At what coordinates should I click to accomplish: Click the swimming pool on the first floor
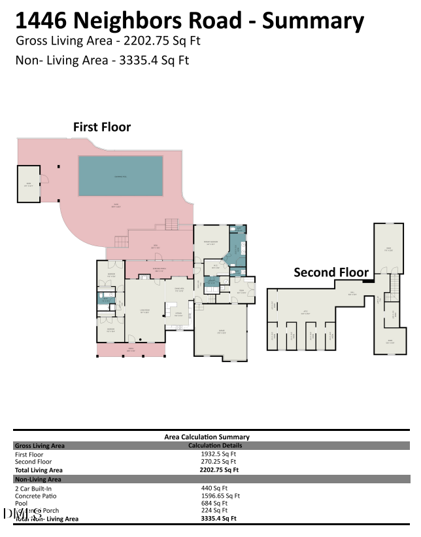[121, 176]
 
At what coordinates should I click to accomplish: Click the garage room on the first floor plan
[221, 333]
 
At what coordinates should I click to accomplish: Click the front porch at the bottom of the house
[131, 350]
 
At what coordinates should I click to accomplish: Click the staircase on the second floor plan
[394, 285]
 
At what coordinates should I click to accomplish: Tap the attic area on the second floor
[305, 312]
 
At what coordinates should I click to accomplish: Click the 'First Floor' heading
[101, 127]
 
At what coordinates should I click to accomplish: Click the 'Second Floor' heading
[331, 272]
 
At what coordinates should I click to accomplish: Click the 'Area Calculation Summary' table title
[207, 437]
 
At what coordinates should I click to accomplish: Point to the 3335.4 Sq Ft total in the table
[218, 518]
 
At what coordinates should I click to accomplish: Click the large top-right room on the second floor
[389, 248]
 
